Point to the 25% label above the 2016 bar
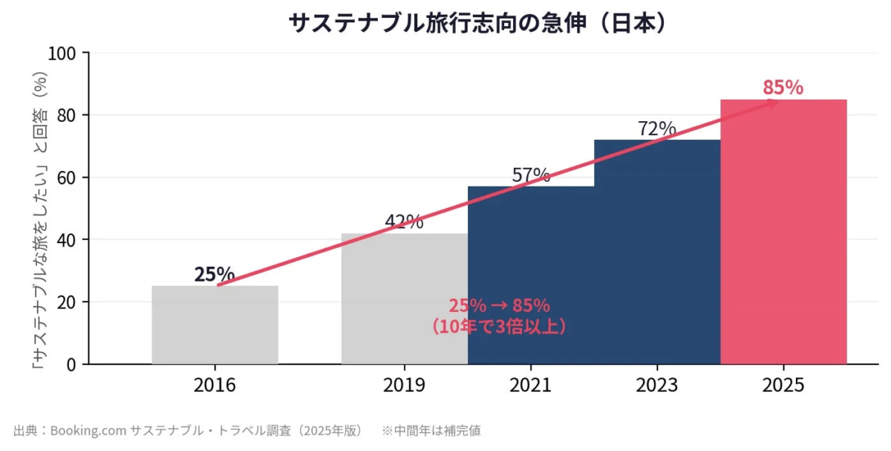pos(215,274)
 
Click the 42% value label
pos(404,221)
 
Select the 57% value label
pos(531,175)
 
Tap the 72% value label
pos(657,129)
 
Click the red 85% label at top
pos(783,88)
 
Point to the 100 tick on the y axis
pos(63,53)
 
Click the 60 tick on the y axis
pos(68,178)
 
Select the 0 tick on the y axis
pos(72,364)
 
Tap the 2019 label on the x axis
pos(404,386)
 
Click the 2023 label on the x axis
pos(657,386)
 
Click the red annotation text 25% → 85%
pos(499,306)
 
